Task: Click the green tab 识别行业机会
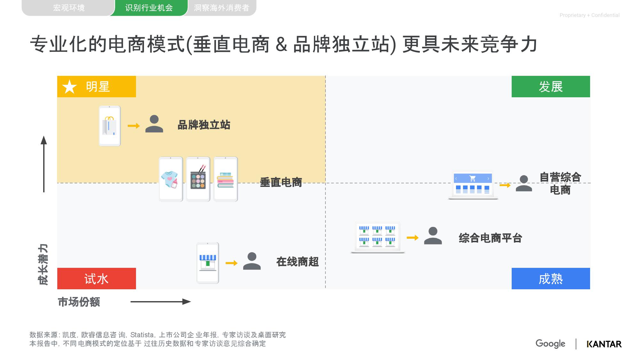(x=149, y=8)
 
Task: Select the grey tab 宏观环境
(x=68, y=8)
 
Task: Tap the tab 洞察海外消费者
(x=221, y=8)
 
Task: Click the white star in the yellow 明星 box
(x=69, y=87)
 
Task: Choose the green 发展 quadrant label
(x=550, y=87)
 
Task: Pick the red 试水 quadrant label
(x=96, y=279)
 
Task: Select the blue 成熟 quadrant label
(x=550, y=279)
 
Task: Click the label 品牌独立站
(x=204, y=125)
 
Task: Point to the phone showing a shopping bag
(x=110, y=126)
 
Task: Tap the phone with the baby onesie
(x=171, y=179)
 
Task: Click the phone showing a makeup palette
(x=198, y=179)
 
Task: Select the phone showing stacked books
(x=226, y=179)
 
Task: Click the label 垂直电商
(x=281, y=182)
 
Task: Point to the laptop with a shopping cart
(x=473, y=185)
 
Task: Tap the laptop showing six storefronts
(x=378, y=237)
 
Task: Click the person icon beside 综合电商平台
(x=433, y=236)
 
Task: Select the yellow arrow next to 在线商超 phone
(x=231, y=263)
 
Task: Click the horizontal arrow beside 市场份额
(x=161, y=302)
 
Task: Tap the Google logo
(x=550, y=344)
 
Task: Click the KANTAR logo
(x=604, y=344)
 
